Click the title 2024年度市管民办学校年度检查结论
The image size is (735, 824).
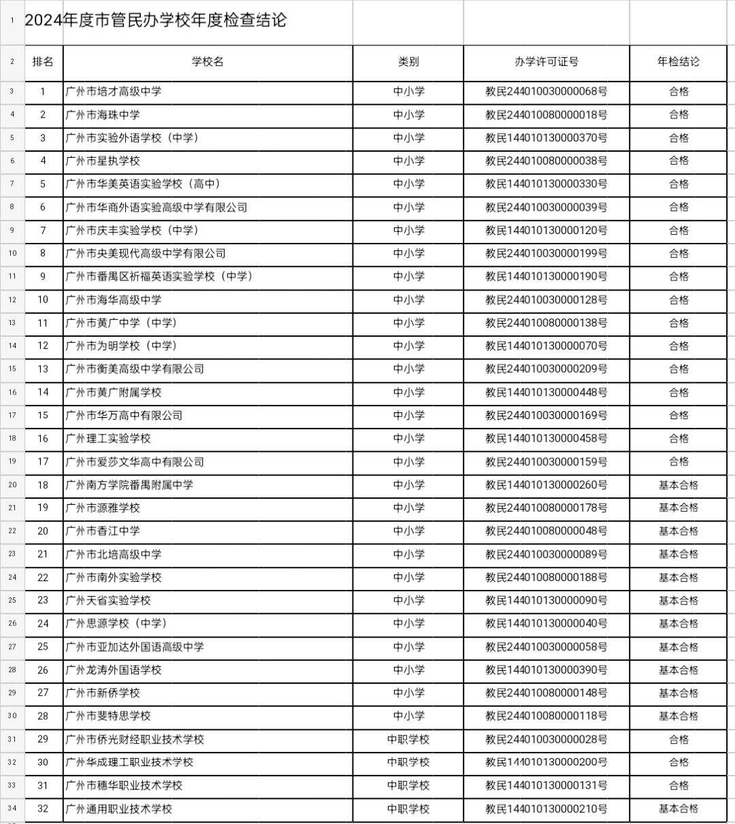click(155, 20)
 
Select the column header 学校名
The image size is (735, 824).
click(208, 62)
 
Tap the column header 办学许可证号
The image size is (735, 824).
click(546, 62)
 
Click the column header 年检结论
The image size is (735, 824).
click(678, 62)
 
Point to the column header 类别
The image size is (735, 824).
click(408, 62)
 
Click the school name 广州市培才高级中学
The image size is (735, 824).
click(114, 92)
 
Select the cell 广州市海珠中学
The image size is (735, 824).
click(103, 115)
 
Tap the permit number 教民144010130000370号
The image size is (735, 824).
click(546, 138)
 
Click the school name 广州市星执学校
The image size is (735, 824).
click(103, 161)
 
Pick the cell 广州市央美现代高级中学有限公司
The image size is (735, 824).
click(146, 254)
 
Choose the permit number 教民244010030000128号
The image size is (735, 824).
click(546, 300)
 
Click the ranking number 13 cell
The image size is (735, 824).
click(43, 369)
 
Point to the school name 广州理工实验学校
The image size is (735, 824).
click(108, 439)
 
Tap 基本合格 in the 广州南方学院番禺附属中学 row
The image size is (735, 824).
click(678, 485)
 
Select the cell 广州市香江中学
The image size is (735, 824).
click(103, 531)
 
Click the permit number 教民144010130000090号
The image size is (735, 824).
click(546, 601)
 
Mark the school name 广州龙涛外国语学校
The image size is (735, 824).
click(114, 670)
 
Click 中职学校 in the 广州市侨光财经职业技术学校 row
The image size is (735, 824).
click(408, 740)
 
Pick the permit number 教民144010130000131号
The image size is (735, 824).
click(546, 786)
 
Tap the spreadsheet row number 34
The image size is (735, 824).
click(12, 809)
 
